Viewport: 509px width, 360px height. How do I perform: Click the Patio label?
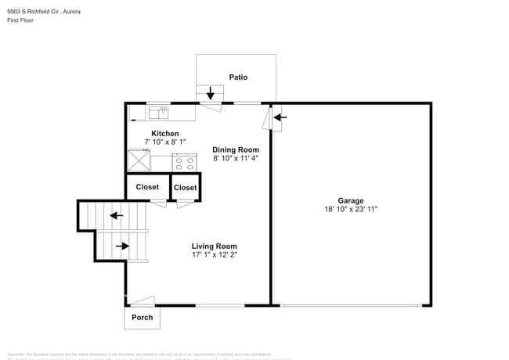(238, 77)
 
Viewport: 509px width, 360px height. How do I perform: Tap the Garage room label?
(351, 201)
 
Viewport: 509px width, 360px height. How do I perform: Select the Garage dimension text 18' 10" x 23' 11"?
(351, 210)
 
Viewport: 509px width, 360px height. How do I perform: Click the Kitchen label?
(164, 134)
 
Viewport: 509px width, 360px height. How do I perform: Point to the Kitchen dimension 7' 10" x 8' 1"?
(164, 142)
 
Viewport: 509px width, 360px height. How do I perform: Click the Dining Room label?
(236, 149)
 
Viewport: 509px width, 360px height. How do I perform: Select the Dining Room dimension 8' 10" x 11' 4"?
(236, 158)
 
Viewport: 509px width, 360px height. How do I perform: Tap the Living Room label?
(214, 247)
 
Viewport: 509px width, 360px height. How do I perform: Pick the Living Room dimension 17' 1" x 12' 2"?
(214, 255)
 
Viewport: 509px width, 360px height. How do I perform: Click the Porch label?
(142, 318)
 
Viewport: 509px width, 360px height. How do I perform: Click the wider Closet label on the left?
(147, 187)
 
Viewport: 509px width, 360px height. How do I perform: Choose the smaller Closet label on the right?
(186, 188)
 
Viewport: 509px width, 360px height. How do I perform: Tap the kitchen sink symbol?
(159, 112)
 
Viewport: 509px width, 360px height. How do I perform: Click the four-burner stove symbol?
(185, 163)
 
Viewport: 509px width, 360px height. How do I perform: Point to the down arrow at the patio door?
(210, 94)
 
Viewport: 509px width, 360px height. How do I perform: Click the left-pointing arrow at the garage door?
(280, 118)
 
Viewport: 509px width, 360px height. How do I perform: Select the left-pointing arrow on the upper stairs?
(116, 215)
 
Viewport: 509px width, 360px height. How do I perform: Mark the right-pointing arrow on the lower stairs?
(122, 246)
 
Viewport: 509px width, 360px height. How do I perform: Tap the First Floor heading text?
(21, 22)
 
